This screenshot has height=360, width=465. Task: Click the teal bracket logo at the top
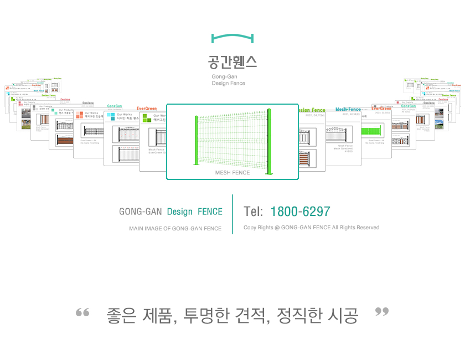coord(232,38)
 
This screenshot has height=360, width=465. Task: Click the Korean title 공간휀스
coord(232,61)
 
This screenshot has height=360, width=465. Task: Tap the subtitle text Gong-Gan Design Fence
coord(228,80)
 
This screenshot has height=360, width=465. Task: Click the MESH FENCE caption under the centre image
coord(232,173)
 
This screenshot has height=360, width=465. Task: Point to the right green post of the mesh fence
coord(269,142)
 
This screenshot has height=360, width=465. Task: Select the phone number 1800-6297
coord(300,212)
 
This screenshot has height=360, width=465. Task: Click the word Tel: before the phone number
coord(253,212)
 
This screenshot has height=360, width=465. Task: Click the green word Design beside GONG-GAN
coord(180,212)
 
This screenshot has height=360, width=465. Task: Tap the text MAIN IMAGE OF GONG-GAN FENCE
coord(175,228)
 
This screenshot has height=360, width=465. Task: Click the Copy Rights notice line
coord(311,228)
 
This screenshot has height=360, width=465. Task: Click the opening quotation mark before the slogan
coord(82,313)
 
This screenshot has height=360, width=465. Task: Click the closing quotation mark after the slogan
coord(382,312)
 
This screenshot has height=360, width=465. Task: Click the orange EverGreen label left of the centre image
coord(147,109)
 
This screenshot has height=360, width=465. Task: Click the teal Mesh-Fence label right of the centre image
coord(348,110)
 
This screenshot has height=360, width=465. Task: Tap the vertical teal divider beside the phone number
coord(232,214)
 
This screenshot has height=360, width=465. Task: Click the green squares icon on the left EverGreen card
coord(146,118)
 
